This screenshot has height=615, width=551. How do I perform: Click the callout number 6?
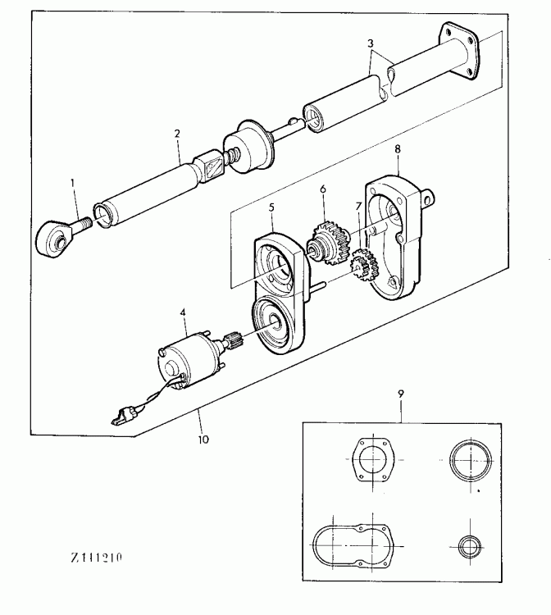click(x=322, y=189)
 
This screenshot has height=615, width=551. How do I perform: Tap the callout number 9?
click(x=401, y=393)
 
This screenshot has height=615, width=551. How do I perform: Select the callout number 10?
click(x=203, y=439)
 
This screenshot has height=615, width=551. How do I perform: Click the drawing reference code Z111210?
click(x=96, y=558)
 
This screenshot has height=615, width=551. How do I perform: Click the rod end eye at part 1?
click(x=55, y=239)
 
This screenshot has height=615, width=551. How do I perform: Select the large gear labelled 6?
click(x=327, y=239)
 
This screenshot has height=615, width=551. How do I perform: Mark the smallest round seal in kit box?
click(x=471, y=546)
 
